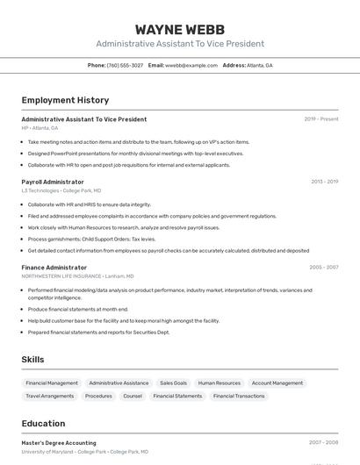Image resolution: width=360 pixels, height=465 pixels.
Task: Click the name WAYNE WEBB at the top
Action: (180, 29)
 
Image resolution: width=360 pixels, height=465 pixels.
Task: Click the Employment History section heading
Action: (65, 101)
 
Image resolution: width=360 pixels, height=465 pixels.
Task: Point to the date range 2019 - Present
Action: (321, 119)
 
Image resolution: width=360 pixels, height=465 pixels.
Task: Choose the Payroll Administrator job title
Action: (53, 182)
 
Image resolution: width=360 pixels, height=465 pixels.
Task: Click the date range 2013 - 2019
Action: (324, 182)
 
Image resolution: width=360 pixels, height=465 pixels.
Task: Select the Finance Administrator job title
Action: (54, 267)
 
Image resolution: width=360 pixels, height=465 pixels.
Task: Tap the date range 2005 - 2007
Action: (323, 267)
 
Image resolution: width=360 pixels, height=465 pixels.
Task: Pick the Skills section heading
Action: (33, 360)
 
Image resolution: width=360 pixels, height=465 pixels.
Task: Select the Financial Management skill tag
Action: (52, 383)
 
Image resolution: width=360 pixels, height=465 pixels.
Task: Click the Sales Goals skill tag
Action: (173, 383)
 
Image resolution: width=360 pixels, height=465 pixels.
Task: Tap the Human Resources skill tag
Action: (219, 383)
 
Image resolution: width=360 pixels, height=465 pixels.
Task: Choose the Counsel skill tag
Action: (133, 396)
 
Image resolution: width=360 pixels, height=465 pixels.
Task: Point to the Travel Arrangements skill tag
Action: (50, 396)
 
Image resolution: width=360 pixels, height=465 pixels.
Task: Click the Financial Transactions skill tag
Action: (239, 396)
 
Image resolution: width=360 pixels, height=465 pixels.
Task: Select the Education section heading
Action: (43, 423)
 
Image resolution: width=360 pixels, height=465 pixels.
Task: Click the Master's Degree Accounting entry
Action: (59, 443)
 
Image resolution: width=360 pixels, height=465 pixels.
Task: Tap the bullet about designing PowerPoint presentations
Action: (135, 153)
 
